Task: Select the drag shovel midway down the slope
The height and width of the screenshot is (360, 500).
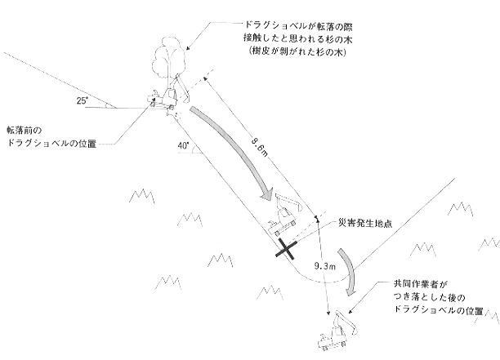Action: pos(285,214)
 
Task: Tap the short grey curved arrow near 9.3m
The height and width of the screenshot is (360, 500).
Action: pos(347,276)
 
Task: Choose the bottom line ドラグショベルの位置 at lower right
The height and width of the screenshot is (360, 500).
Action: pos(440,312)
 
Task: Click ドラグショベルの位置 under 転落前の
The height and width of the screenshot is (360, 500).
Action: pos(51,144)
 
